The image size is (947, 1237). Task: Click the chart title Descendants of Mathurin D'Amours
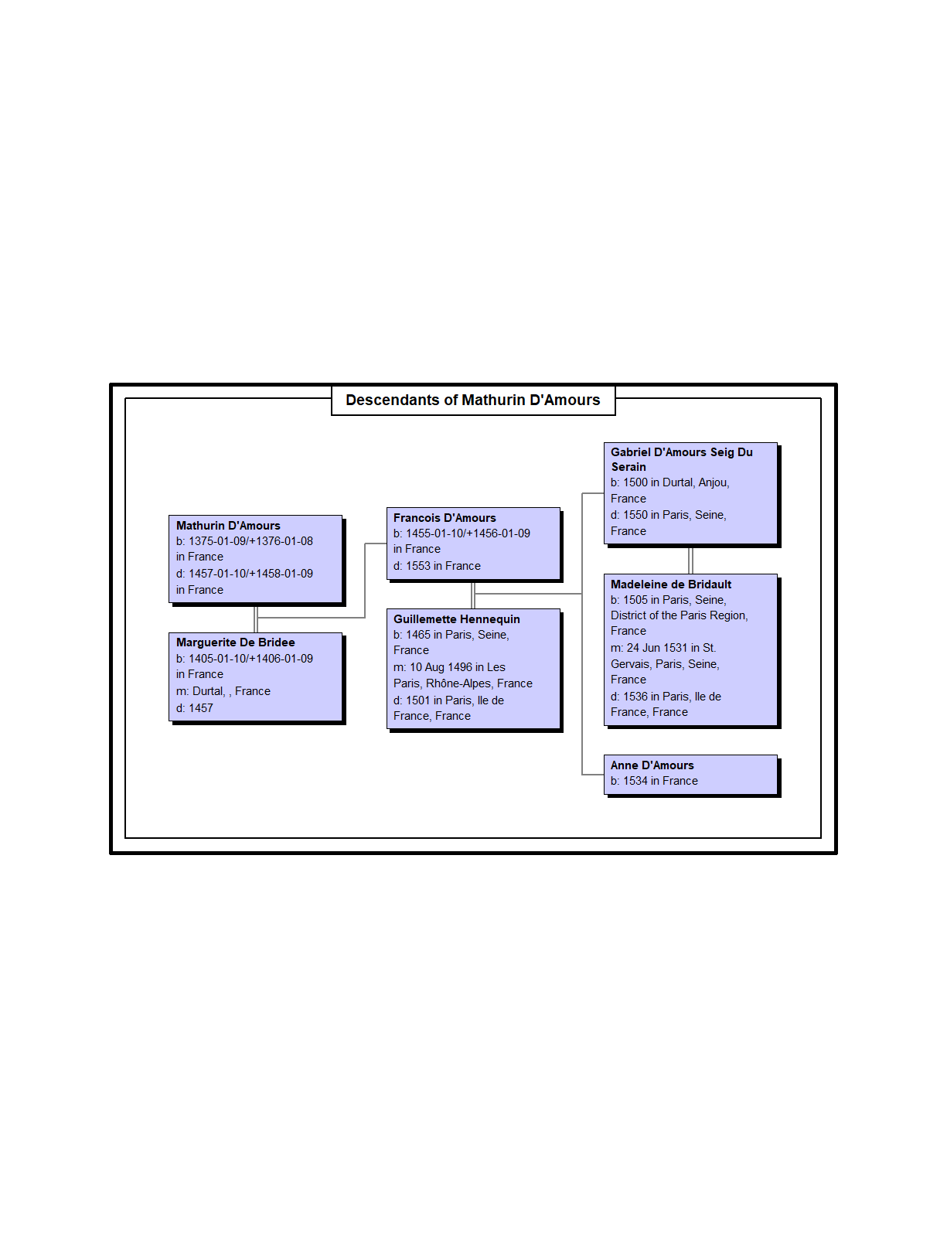point(472,400)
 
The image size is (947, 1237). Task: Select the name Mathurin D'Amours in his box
point(228,526)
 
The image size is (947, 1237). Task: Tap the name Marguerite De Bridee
point(236,642)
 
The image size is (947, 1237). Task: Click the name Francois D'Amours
point(445,518)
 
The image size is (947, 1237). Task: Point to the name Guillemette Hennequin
point(456,619)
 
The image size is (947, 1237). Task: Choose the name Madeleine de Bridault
point(671,584)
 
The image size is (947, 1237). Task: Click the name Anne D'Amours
point(652,765)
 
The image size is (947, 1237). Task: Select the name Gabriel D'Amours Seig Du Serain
point(682,459)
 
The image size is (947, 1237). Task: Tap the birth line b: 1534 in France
point(654,781)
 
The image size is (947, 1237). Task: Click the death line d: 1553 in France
point(437,566)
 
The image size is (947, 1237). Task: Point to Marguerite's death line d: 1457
point(195,708)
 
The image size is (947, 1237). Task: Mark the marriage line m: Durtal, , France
point(223,691)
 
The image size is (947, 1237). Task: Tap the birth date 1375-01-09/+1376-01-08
point(251,541)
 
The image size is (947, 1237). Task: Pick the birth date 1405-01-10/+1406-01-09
point(251,659)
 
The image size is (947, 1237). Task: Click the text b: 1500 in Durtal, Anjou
point(669,482)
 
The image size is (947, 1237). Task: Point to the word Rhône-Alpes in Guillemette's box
point(458,683)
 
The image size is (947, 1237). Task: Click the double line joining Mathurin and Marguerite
point(256,619)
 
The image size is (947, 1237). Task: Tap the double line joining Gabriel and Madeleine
point(690,561)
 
